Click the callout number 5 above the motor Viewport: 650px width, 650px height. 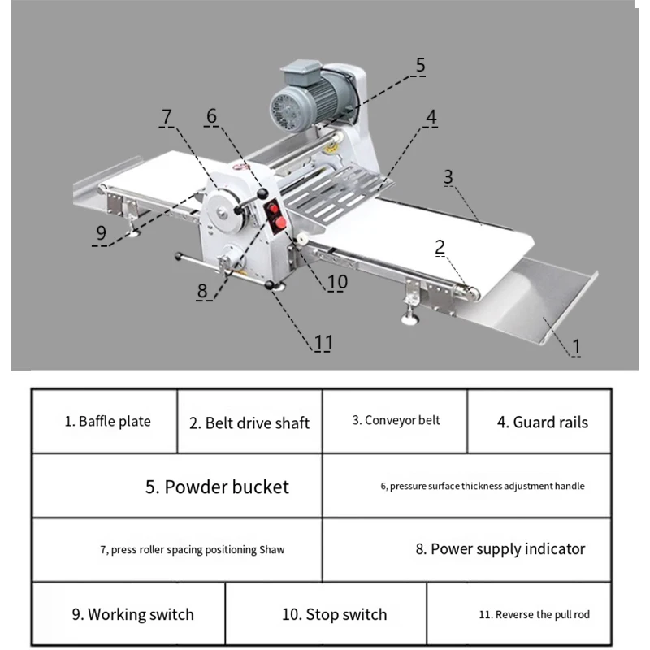click(x=420, y=65)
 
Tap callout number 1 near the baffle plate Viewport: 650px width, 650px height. click(x=576, y=345)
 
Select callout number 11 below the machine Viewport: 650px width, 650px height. click(x=323, y=342)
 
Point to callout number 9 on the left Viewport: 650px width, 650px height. click(x=101, y=232)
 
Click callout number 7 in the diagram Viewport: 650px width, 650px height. click(x=167, y=116)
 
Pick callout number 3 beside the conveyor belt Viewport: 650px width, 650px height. click(x=448, y=175)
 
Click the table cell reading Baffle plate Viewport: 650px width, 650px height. click(x=108, y=422)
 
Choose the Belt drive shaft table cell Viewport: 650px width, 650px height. click(x=249, y=422)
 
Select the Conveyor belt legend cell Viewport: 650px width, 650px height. click(x=396, y=420)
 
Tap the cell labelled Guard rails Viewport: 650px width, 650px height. click(x=542, y=422)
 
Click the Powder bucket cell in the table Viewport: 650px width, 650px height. click(x=217, y=487)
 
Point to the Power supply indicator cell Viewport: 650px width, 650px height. click(x=500, y=549)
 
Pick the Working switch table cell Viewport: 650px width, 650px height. click(x=132, y=614)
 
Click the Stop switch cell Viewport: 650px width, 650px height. click(x=334, y=614)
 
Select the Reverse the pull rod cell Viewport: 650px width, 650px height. click(x=534, y=614)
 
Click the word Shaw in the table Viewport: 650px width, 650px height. click(x=272, y=550)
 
